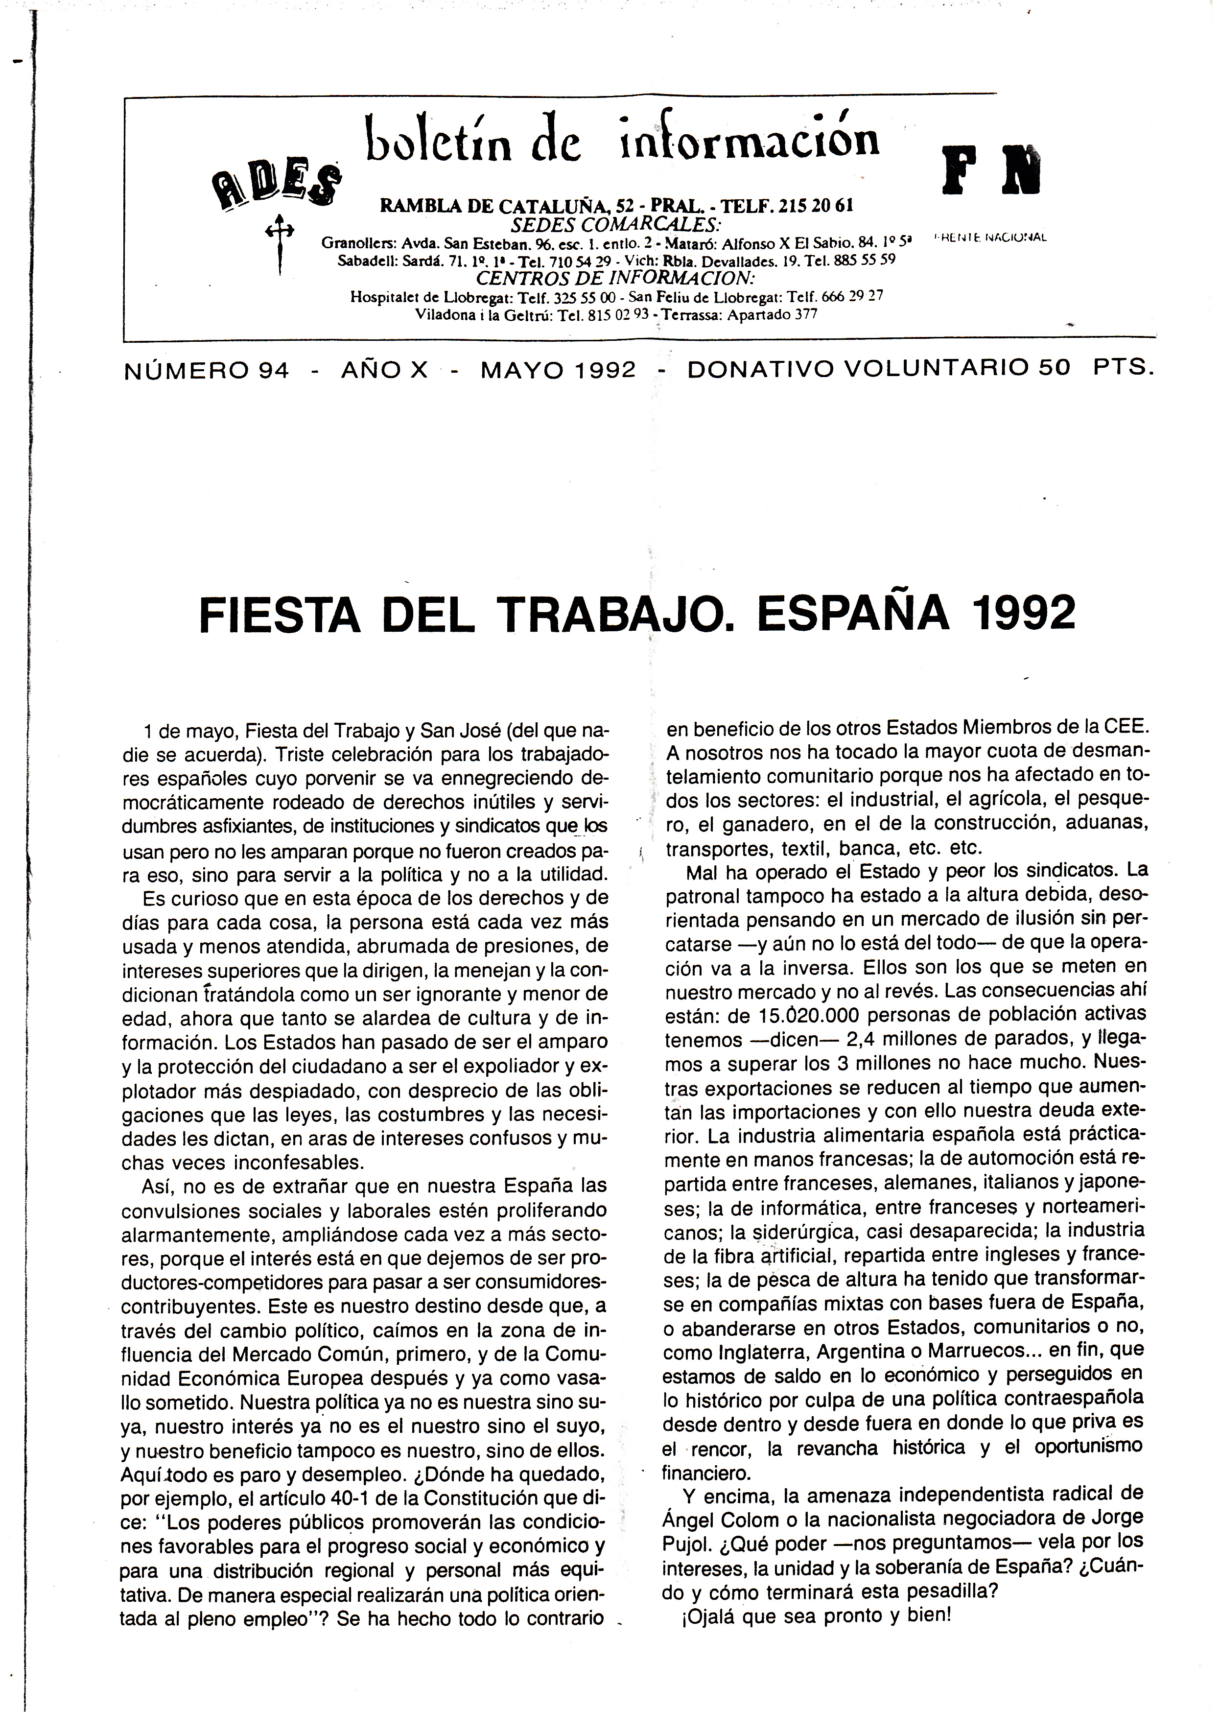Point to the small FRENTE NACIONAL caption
tap(990, 238)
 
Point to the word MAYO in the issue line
tap(519, 370)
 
